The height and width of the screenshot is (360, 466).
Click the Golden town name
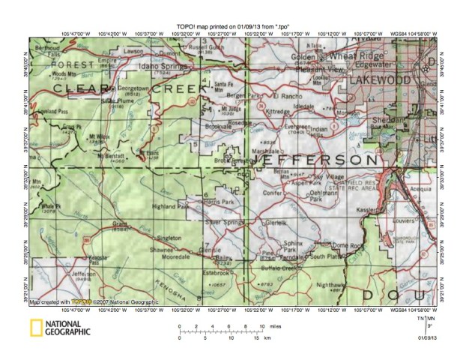tap(303, 57)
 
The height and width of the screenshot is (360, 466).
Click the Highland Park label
tap(169, 206)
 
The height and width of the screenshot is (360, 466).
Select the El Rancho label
tap(286, 96)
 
